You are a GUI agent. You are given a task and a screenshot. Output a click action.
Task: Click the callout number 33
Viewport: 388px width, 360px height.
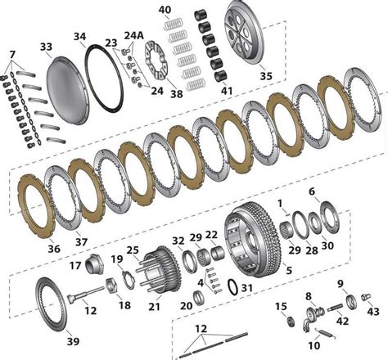click(45, 47)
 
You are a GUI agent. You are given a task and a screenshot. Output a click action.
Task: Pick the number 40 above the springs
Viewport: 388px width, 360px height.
click(165, 11)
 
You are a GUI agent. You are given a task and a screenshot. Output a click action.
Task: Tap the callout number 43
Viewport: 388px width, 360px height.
click(372, 311)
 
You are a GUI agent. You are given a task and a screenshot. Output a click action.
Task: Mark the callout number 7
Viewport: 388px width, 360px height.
click(11, 54)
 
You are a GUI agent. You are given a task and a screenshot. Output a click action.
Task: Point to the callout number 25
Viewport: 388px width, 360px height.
click(133, 249)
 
